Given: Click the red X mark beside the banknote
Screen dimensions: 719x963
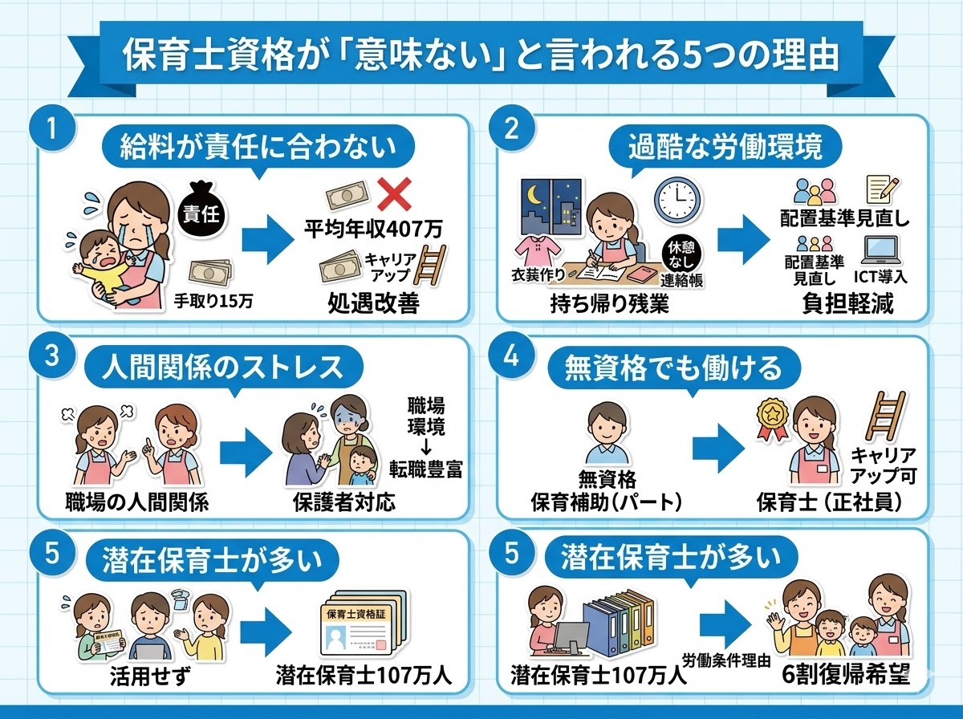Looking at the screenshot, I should coord(393,195).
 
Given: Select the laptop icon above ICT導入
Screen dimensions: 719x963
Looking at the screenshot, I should coord(884,251).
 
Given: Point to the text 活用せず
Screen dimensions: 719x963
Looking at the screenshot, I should coord(144,672).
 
